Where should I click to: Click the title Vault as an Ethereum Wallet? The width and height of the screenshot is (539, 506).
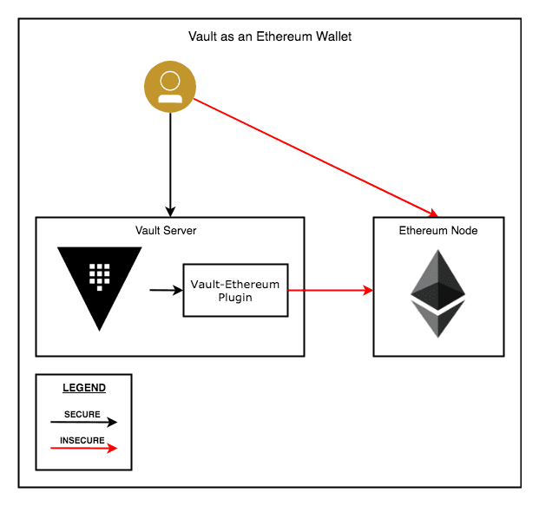[x=270, y=36]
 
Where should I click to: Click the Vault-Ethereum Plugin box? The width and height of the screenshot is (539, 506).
[x=234, y=290]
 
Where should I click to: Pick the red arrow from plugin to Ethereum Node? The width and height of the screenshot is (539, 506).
[x=330, y=290]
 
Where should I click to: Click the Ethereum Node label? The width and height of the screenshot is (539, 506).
[x=437, y=230]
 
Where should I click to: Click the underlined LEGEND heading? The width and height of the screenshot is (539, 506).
[x=84, y=388]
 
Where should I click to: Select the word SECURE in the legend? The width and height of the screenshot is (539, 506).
[x=82, y=415]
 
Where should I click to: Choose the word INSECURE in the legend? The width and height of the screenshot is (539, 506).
[x=82, y=440]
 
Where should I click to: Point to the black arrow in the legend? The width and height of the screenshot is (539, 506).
[x=83, y=423]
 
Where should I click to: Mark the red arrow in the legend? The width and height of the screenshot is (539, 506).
[x=83, y=448]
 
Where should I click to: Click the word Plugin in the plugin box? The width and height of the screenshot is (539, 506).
[x=234, y=297]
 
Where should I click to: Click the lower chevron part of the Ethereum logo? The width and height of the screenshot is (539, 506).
[x=437, y=321]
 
